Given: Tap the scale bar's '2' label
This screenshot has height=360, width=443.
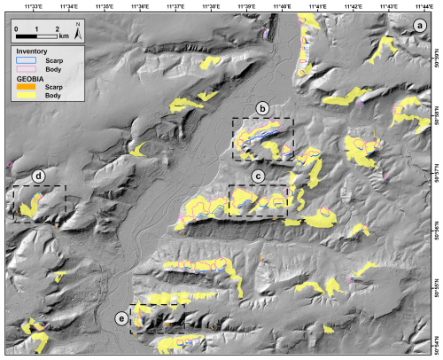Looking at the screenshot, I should tap(57, 31).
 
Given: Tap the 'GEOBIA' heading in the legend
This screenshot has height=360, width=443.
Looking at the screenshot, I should tap(27, 81).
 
